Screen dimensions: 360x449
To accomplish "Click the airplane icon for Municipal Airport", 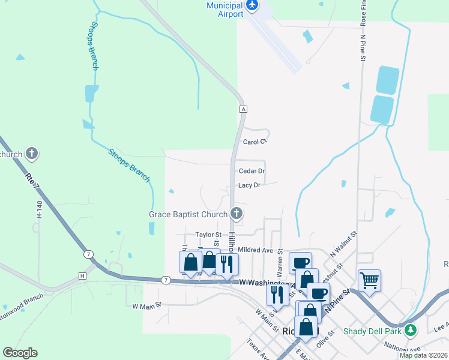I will tap(252, 6).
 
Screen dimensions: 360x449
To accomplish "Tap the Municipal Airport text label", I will tap(224, 10).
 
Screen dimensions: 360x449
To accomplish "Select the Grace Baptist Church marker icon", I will tap(237, 214).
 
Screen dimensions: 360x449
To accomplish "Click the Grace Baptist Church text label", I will tap(188, 214).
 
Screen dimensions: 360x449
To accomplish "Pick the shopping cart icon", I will tap(370, 280).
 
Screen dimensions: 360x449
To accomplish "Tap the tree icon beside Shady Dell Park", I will tap(411, 331).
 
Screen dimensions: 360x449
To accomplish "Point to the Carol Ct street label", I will tap(254, 142).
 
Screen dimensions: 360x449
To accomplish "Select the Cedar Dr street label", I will tap(252, 171).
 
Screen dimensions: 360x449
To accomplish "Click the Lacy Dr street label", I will tap(249, 185).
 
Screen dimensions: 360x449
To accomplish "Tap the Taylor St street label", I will tap(208, 235).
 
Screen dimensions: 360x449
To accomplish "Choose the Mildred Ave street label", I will tap(256, 250).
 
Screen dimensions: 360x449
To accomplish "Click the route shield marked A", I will tap(243, 109).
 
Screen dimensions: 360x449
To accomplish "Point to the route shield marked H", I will tap(82, 275).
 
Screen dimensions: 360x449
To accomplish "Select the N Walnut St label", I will tap(343, 244).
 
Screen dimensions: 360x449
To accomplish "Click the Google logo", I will tap(20, 353).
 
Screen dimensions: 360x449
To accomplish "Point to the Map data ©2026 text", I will tap(423, 355).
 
